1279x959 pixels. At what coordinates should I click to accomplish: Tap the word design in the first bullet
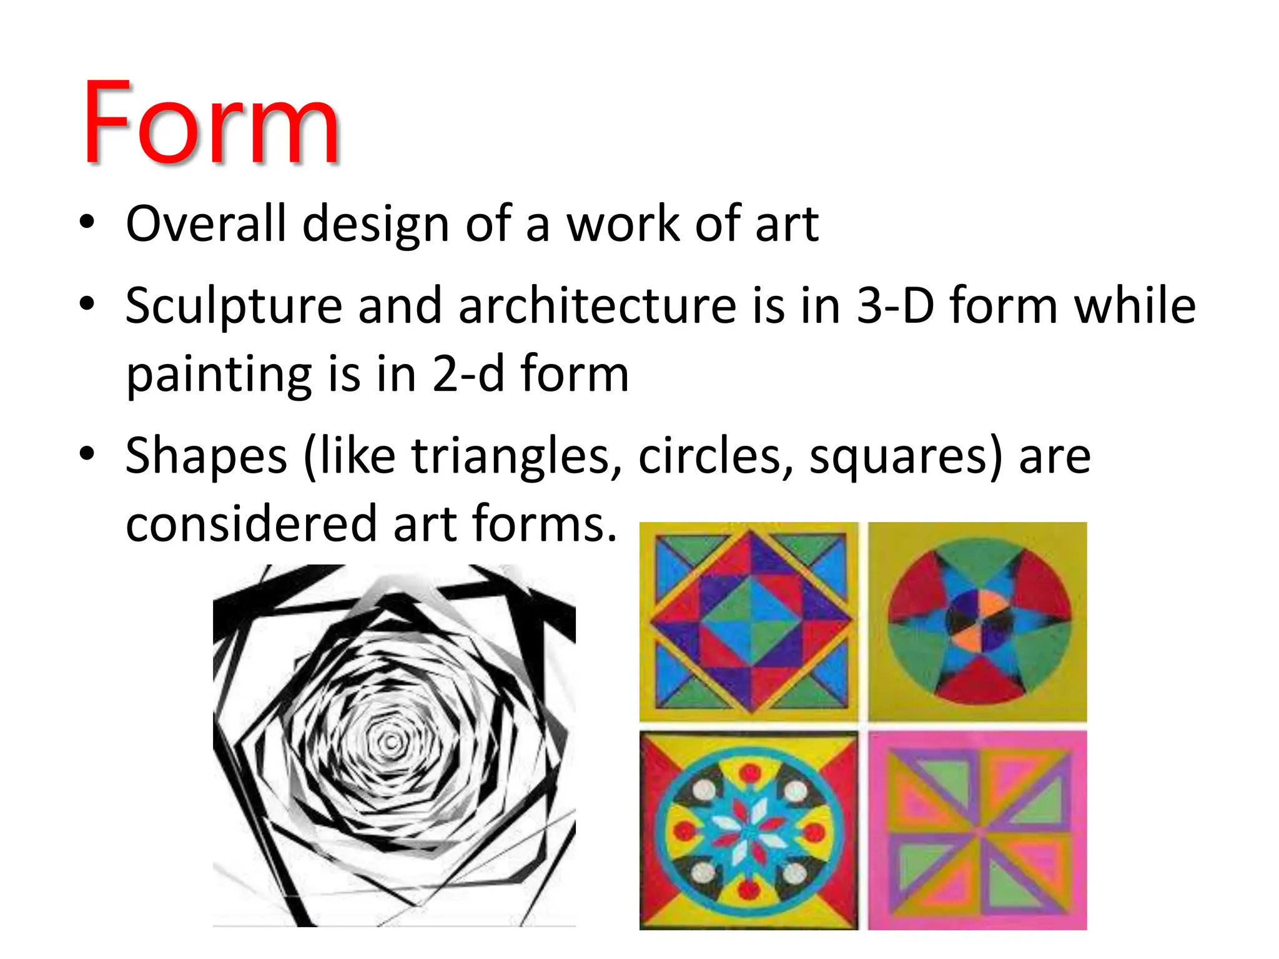pyautogui.click(x=375, y=225)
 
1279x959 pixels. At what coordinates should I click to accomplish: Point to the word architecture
pyautogui.click(x=597, y=305)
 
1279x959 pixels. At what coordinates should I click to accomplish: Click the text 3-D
pyautogui.click(x=895, y=305)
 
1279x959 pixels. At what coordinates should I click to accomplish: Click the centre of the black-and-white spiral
pyautogui.click(x=392, y=742)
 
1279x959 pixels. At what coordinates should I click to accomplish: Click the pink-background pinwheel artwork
pyautogui.click(x=977, y=830)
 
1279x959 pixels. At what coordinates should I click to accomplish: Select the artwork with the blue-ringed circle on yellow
pyautogui.click(x=749, y=830)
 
